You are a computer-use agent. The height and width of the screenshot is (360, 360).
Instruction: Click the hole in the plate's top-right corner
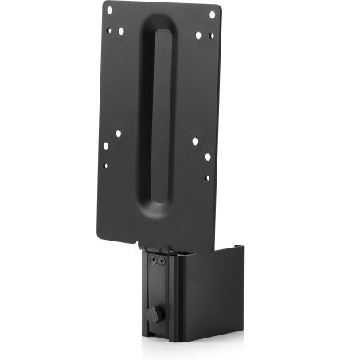[212, 14]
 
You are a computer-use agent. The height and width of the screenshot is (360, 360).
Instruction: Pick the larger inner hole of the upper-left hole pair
[119, 32]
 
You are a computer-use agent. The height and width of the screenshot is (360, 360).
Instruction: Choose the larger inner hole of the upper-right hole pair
[199, 33]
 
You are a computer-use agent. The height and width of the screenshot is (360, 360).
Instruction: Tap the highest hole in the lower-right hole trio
[194, 141]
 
